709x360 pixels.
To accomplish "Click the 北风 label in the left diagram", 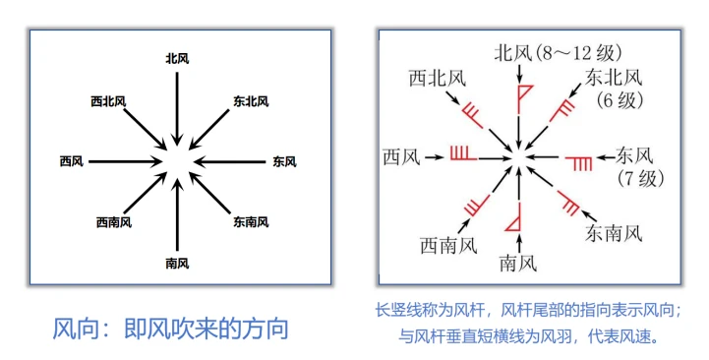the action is coord(177,58).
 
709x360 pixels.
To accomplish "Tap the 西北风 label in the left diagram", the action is coord(108,101).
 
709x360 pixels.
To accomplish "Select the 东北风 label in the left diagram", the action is coord(251,101).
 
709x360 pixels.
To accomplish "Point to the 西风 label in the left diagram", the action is coord(72,161).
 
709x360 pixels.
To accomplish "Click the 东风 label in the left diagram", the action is coord(284,161).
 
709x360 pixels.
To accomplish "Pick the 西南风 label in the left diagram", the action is coord(114,222).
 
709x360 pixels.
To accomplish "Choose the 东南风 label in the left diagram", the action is coord(251,221).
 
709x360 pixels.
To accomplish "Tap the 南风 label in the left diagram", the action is coord(177,263).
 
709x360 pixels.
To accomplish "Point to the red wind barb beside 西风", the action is coord(463,153).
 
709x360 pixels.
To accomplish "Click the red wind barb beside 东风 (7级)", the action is coord(579,163).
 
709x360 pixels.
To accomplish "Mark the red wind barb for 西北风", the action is coord(473,115).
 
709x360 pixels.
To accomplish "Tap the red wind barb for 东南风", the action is coord(568,203).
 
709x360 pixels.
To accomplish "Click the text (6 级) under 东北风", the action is coord(619,100).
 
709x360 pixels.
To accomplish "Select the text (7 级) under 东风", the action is coord(640,179).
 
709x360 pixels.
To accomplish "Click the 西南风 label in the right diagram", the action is coord(448,247).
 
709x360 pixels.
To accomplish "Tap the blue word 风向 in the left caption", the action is coord(72,329).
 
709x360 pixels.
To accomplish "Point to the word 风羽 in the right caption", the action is coord(556,336).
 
